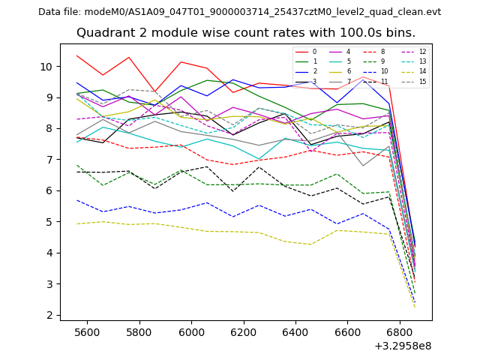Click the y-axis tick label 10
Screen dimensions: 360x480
click(46, 67)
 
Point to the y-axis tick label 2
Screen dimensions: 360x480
click(49, 315)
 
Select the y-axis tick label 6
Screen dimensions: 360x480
click(49, 190)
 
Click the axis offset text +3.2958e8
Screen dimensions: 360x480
click(403, 346)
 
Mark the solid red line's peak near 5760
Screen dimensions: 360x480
click(129, 57)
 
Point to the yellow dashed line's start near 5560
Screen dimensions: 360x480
click(76, 223)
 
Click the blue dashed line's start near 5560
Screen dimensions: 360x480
click(76, 200)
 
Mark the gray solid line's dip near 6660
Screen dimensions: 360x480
click(363, 166)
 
